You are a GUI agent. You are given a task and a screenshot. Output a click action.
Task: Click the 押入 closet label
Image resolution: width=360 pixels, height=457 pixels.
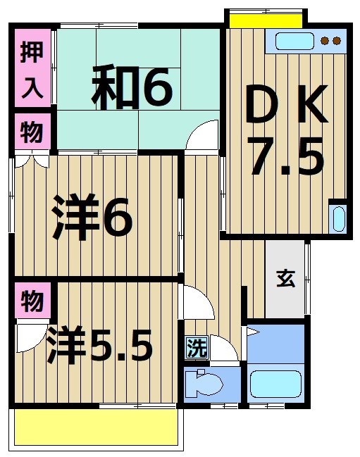coord(32,69)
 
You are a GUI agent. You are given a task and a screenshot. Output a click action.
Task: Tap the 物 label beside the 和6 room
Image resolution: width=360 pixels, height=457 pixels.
coord(31,132)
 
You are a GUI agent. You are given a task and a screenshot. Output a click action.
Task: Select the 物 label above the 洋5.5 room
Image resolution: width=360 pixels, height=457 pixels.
coord(31,301)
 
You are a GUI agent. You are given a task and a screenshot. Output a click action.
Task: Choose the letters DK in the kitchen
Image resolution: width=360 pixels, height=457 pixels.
coord(285,106)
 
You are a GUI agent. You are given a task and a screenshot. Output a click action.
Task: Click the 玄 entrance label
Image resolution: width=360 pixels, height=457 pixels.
coord(285,279)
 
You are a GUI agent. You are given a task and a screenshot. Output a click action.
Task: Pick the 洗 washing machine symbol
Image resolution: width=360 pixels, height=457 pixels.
coord(197,347)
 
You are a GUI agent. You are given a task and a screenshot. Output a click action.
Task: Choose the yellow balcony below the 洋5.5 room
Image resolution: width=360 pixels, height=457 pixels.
coord(97,427)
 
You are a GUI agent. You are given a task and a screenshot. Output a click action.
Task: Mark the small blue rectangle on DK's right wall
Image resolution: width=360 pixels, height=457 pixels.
coord(337,218)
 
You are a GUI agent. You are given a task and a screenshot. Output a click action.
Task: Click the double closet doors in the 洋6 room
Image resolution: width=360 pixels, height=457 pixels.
coord(31,161)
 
